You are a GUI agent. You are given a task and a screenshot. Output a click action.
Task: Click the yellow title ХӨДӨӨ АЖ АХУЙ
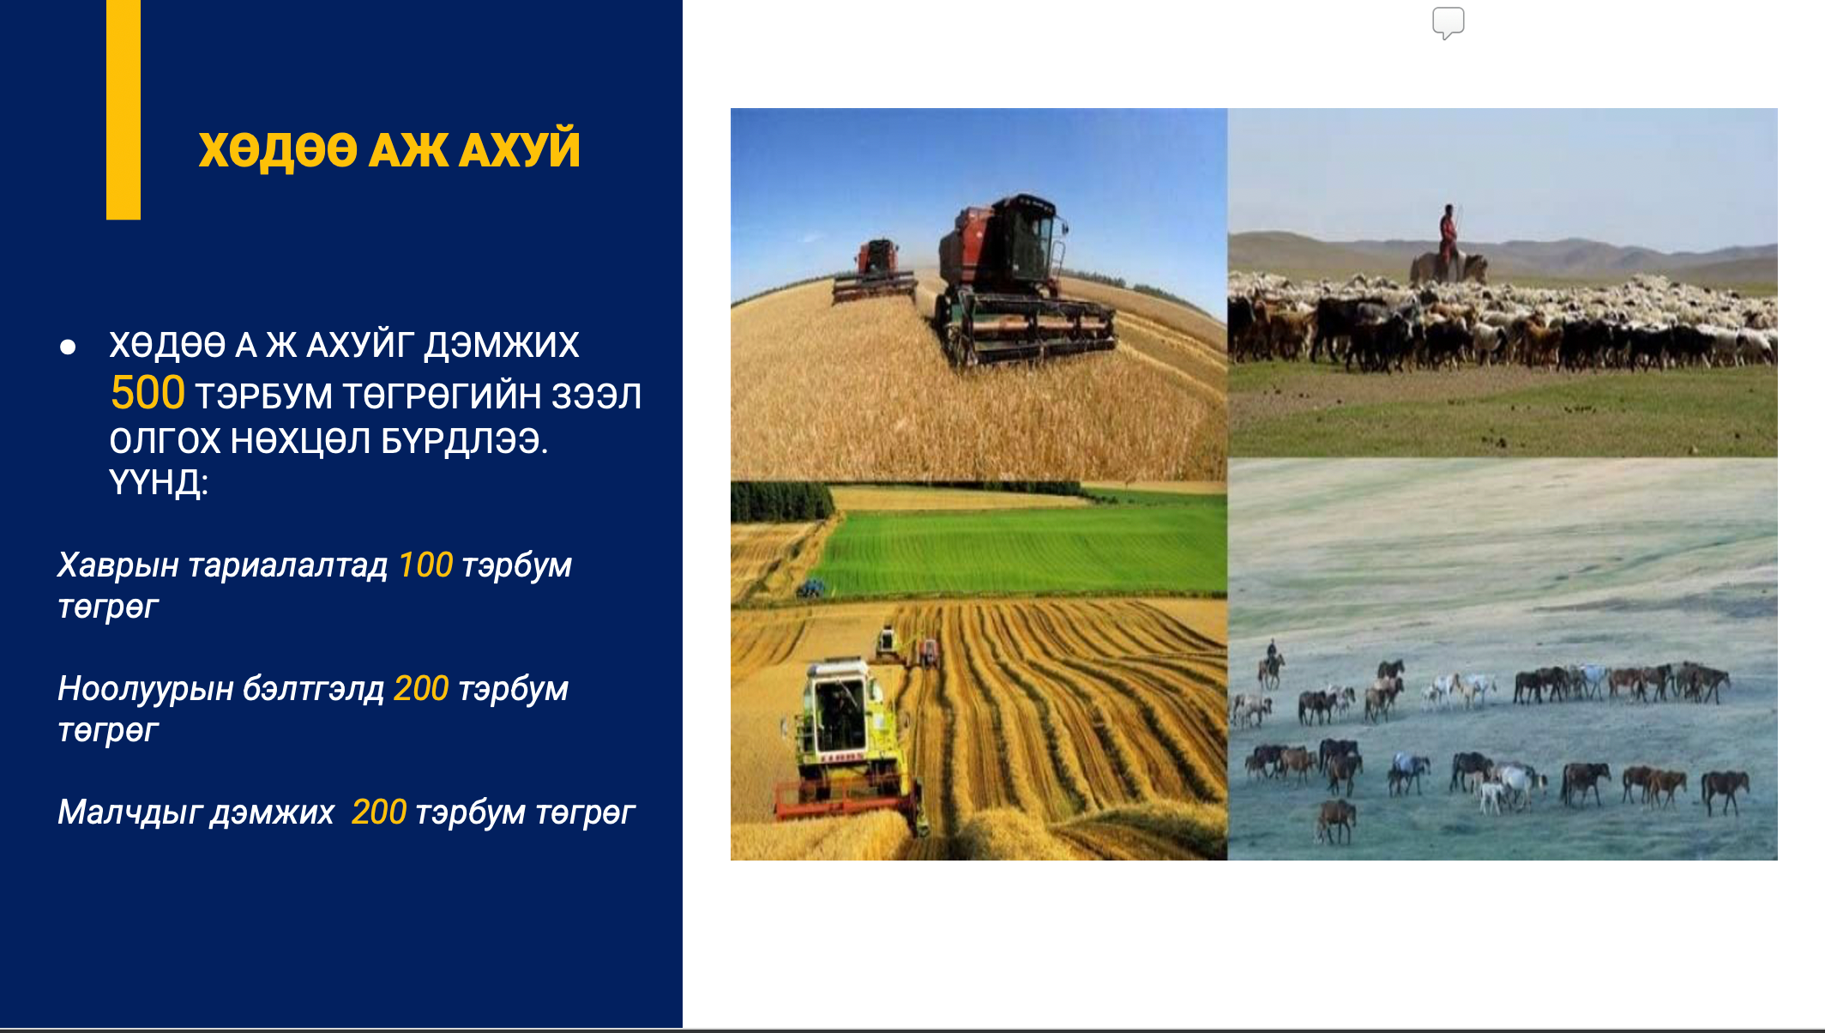pyautogui.click(x=389, y=149)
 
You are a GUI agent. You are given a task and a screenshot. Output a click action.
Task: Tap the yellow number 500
pyautogui.click(x=148, y=393)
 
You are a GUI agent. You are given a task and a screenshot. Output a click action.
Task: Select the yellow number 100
pyautogui.click(x=425, y=565)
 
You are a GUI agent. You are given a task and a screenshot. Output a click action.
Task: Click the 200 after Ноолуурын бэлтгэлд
pyautogui.click(x=421, y=688)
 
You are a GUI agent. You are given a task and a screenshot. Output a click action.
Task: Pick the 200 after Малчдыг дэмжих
pyautogui.click(x=379, y=812)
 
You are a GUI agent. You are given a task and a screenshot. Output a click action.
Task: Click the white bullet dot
pyautogui.click(x=68, y=347)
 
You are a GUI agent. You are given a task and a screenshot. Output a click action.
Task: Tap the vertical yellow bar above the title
pyautogui.click(x=123, y=110)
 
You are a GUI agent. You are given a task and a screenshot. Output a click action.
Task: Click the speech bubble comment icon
pyautogui.click(x=1449, y=23)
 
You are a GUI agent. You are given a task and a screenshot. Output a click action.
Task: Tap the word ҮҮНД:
pyautogui.click(x=159, y=482)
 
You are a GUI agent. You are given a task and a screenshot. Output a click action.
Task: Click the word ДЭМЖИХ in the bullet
pyautogui.click(x=502, y=345)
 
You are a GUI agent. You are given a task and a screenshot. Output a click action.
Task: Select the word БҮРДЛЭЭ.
pyautogui.click(x=464, y=441)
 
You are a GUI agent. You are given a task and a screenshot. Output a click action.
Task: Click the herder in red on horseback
pyautogui.click(x=1449, y=245)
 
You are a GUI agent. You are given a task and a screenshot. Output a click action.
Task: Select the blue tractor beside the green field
pyautogui.click(x=810, y=588)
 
